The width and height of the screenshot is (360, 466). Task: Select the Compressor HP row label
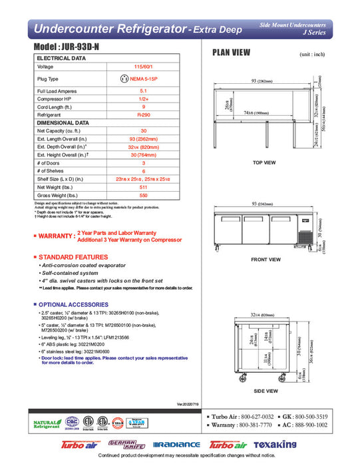tap(55, 98)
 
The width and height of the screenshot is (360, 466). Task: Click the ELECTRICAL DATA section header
tap(61, 59)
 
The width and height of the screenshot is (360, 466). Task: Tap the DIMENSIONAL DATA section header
tap(63, 122)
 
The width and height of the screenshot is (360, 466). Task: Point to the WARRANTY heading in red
tap(56, 236)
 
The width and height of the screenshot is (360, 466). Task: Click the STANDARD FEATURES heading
tap(73, 256)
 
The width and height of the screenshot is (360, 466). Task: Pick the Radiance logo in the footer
tap(176, 444)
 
